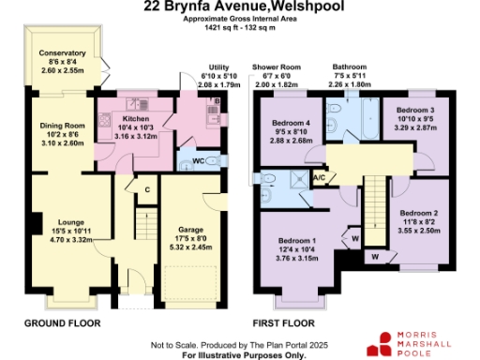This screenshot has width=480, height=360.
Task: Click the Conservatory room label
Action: click(x=63, y=53)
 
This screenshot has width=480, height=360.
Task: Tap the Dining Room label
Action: click(x=63, y=125)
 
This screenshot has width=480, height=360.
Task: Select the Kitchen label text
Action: click(x=132, y=120)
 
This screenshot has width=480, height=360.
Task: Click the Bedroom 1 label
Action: click(x=296, y=239)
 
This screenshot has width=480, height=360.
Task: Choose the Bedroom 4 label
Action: click(x=291, y=123)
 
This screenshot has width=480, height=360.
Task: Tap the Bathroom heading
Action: click(x=349, y=67)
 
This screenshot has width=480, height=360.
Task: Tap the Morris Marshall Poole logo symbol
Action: click(x=383, y=340)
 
